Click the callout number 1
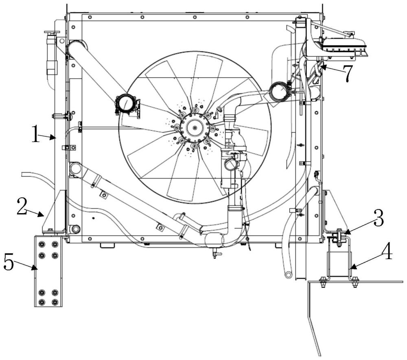click(35, 133)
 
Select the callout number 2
click(22, 206)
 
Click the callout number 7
click(348, 73)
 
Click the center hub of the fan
click(195, 127)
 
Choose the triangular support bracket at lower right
click(335, 212)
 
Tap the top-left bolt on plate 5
click(42, 244)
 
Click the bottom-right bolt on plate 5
click(55, 302)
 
